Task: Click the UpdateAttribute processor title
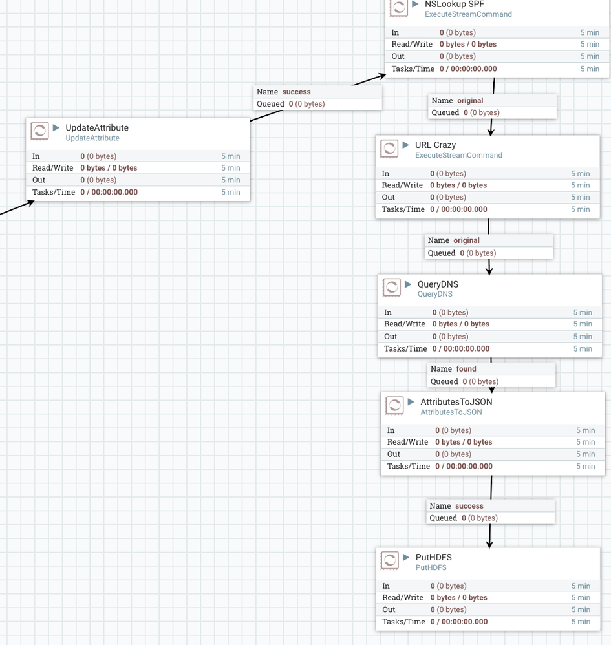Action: [97, 128]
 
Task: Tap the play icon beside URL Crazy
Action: [406, 145]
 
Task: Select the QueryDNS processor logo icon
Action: [392, 288]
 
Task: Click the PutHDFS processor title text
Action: [433, 557]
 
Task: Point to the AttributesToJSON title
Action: [456, 401]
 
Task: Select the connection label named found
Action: [466, 369]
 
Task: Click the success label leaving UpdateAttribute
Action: [296, 92]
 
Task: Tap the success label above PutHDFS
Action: [469, 506]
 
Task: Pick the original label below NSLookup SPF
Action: [470, 100]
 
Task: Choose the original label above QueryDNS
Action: [466, 240]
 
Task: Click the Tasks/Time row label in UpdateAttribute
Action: [54, 192]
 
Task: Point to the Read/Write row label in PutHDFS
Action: [402, 598]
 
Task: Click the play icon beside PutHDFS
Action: [406, 557]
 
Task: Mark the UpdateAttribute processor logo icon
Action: [40, 131]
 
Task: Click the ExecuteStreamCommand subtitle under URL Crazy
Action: [458, 155]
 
